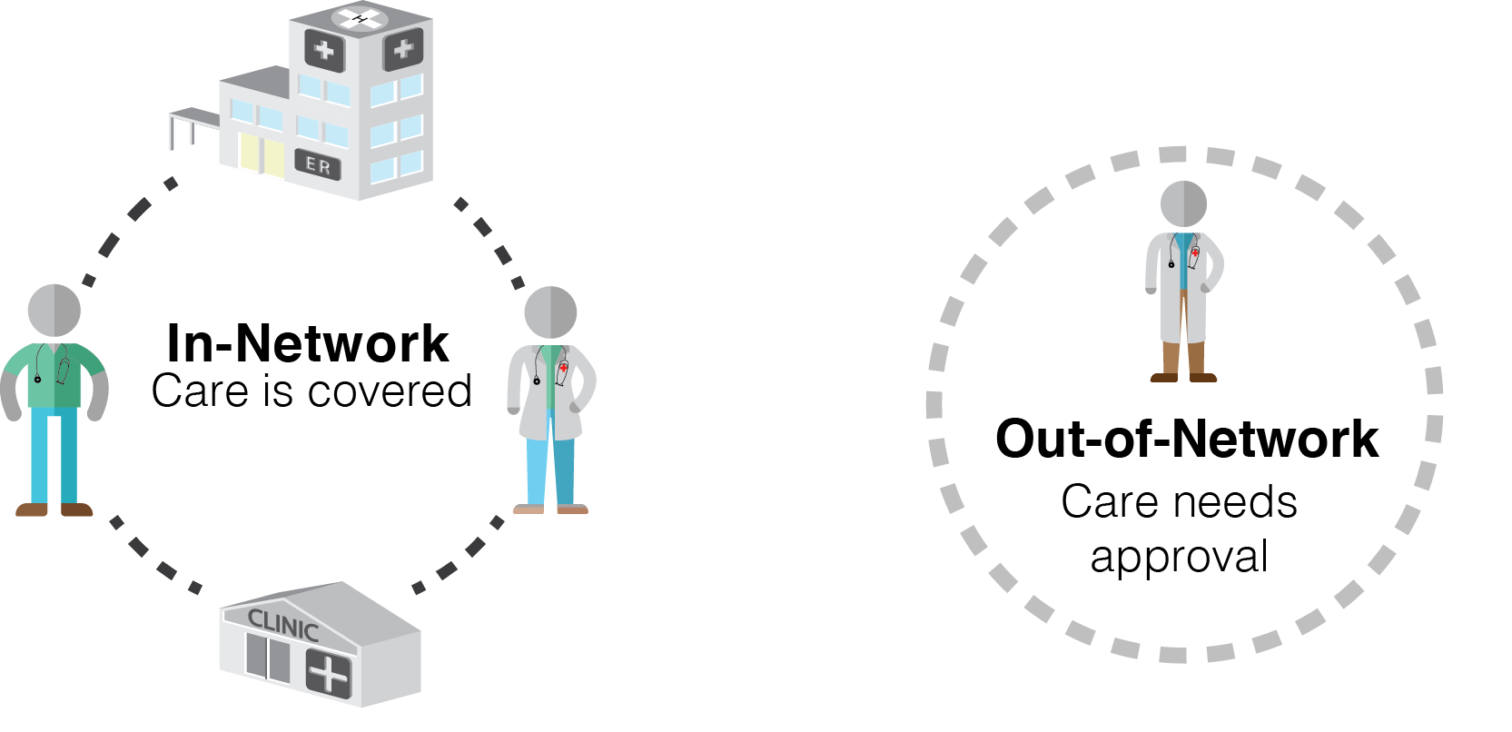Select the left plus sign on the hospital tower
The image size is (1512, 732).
pyautogui.click(x=324, y=51)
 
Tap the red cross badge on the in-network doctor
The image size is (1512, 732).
pyautogui.click(x=564, y=371)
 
